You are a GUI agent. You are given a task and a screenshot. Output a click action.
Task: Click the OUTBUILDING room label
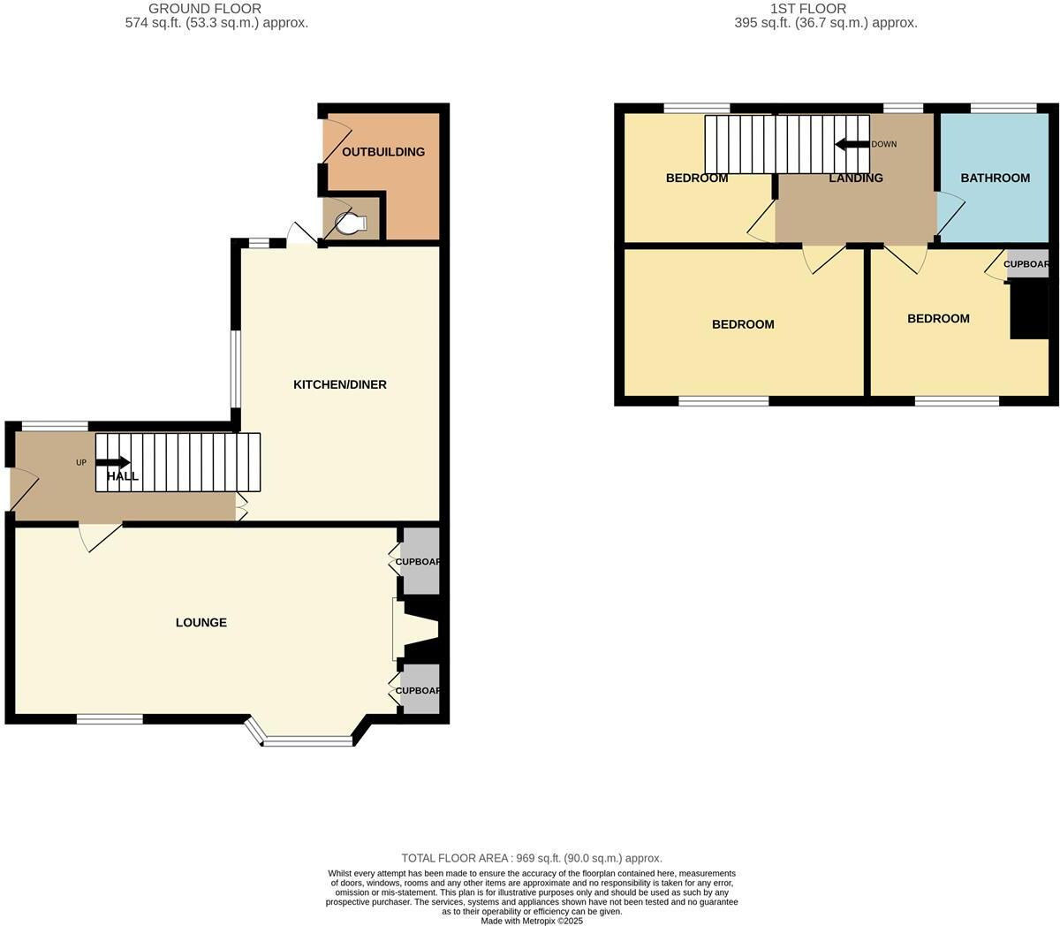383,152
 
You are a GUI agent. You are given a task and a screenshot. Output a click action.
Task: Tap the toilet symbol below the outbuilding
351,224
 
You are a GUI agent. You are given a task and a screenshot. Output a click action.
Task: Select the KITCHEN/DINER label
340,384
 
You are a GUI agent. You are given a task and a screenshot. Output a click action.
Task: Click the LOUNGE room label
201,622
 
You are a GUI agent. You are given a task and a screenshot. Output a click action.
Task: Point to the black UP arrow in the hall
114,462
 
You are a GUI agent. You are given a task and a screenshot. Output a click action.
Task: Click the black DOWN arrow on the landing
852,144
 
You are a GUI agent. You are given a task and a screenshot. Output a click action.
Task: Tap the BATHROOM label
996,178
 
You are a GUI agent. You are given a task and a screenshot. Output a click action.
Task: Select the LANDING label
855,178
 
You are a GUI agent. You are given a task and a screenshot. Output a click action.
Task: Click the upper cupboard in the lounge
420,562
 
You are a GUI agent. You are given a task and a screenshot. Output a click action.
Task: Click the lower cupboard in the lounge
420,690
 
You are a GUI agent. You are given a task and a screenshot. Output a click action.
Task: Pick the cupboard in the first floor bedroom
1027,264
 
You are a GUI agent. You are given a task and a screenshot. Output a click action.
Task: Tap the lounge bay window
307,740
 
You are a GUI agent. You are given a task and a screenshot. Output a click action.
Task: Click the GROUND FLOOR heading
205,9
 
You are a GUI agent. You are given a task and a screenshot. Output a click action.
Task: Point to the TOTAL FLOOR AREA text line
532,858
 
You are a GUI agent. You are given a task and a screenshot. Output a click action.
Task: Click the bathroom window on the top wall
1003,109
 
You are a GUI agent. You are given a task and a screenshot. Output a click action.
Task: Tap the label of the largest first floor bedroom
743,324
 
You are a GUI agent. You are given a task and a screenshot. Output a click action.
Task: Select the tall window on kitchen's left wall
236,369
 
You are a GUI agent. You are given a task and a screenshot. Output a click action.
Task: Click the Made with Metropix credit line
532,920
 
